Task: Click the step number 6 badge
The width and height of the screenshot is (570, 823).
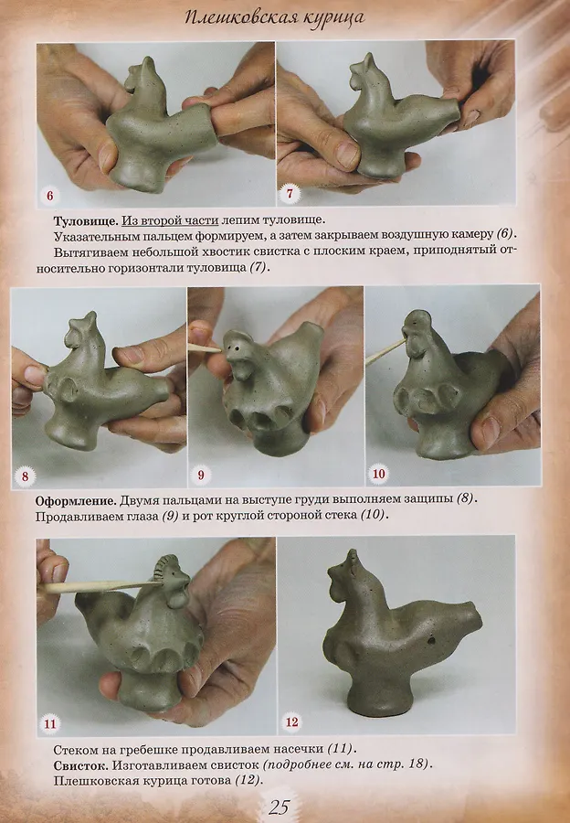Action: tap(50, 196)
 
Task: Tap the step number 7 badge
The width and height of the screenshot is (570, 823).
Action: tap(290, 194)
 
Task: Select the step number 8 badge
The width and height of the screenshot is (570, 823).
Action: tap(25, 477)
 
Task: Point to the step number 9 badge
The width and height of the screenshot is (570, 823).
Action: tap(200, 476)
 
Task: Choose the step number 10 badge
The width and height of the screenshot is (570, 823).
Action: tap(378, 474)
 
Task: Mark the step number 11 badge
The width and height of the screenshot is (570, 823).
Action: tap(50, 725)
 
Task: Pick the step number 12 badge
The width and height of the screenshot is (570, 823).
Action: tap(291, 722)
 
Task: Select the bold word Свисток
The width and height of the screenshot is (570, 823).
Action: tap(80, 764)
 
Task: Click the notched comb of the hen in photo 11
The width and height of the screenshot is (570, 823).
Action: tap(162, 565)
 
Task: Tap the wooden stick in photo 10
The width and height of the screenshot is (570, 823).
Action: tap(385, 351)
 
